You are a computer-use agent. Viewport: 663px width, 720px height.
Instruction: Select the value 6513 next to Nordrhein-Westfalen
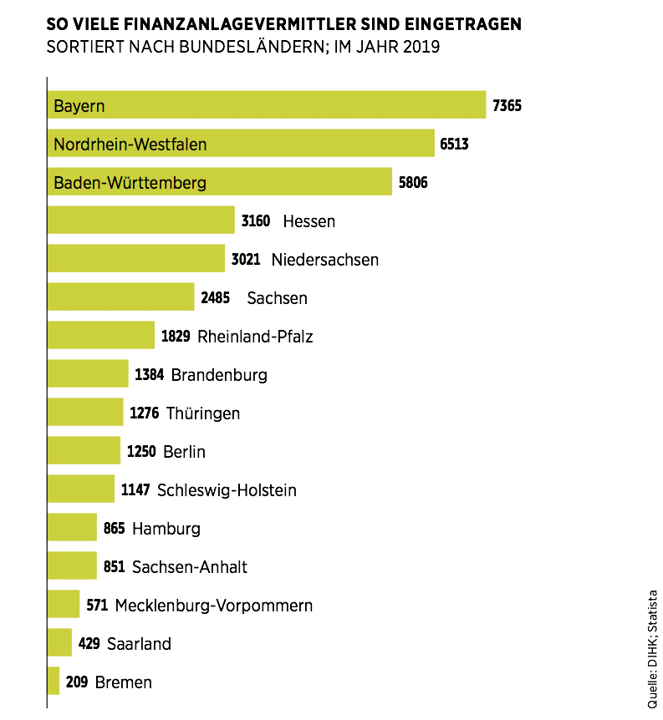coord(454,144)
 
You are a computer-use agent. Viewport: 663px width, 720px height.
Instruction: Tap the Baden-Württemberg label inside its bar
coord(130,182)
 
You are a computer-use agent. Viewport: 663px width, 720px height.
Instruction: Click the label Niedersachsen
coord(324,260)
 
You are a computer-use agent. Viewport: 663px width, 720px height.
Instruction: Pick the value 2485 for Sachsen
coord(215,298)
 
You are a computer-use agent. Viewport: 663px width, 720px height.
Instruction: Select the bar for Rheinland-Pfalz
coord(100,336)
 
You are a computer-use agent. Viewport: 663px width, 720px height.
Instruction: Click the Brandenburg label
coord(219,375)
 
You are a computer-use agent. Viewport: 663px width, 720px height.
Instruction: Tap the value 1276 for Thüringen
coord(145,413)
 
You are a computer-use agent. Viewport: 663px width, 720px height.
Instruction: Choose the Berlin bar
coord(84,451)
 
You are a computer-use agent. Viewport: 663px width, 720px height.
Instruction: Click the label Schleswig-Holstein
coord(227,490)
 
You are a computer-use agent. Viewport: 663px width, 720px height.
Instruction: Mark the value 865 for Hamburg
coord(115,529)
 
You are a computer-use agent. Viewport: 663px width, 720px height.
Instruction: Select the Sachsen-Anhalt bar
coord(72,566)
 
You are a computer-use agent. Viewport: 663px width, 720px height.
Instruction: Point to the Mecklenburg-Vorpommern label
coord(214,606)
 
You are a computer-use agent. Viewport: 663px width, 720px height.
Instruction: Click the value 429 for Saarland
coord(89,644)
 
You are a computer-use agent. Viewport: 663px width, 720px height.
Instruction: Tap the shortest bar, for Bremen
coord(54,682)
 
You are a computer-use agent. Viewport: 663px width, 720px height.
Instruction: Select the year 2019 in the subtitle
coord(421,47)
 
